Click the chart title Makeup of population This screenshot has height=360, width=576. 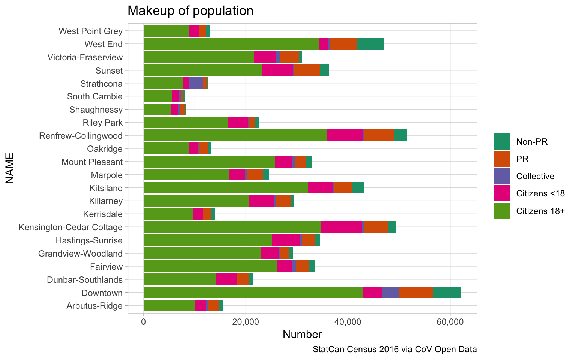(x=190, y=10)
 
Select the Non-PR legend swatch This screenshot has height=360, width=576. (x=502, y=141)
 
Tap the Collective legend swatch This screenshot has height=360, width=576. (x=502, y=176)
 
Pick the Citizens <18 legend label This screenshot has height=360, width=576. (x=540, y=193)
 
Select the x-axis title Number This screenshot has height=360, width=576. (x=302, y=334)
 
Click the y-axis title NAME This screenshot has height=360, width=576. (x=10, y=168)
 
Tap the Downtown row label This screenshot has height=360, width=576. (x=102, y=293)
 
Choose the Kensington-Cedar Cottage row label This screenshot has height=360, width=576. (x=70, y=227)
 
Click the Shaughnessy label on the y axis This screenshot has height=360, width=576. (x=96, y=109)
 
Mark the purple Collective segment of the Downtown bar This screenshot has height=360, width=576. (x=391, y=292)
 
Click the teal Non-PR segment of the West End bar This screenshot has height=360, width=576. (x=370, y=44)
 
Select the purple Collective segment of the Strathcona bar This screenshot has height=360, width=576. (x=196, y=83)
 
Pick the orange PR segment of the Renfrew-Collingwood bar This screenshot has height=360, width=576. (x=379, y=135)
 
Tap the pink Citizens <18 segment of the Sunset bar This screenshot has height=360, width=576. (x=277, y=70)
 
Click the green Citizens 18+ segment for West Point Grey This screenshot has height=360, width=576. (x=166, y=31)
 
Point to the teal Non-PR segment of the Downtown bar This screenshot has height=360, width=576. (x=447, y=292)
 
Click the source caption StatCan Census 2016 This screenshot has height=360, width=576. (x=394, y=349)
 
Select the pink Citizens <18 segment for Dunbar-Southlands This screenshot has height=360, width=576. (x=226, y=279)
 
